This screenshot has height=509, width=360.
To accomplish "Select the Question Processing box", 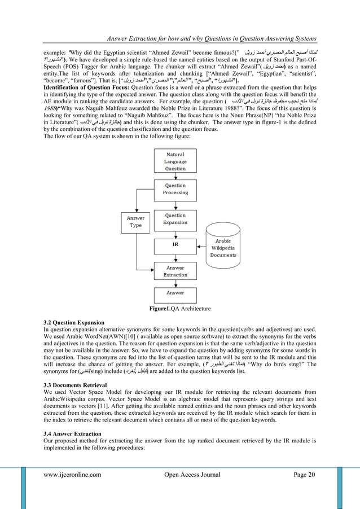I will point(175,189).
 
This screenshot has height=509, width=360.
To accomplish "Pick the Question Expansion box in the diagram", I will point(175,219).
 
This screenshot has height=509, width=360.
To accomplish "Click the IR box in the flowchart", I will point(175,245).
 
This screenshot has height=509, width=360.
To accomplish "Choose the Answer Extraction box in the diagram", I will point(175,271).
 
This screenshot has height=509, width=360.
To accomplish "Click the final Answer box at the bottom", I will point(175,293).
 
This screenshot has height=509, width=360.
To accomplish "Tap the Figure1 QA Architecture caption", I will point(180,309).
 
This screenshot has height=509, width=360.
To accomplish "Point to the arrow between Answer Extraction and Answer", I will point(175,284).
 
